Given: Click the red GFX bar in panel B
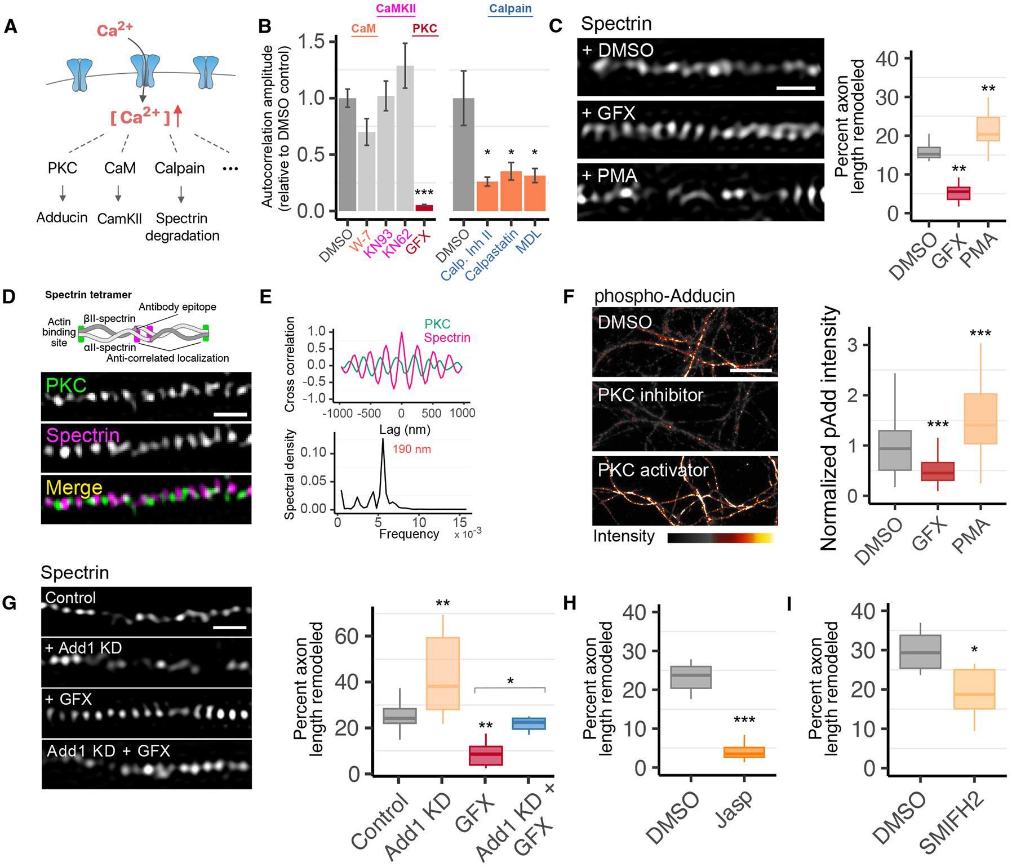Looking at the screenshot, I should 424,208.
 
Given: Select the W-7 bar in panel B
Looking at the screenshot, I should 367,171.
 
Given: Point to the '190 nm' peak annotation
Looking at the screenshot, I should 412,450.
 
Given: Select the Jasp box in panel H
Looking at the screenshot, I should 744,752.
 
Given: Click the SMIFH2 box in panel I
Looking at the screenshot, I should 974,689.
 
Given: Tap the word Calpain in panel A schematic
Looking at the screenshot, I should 180,168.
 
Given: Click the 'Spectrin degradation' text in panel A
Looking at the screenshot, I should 182,226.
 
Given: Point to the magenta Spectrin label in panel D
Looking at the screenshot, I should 83,435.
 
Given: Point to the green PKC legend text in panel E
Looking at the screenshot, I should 437,324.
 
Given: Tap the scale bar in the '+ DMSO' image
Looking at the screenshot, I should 796,88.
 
